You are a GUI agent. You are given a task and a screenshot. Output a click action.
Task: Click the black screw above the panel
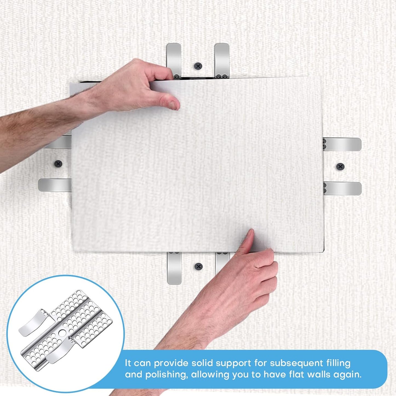[198, 66]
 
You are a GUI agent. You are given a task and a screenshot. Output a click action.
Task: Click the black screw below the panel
[198, 266]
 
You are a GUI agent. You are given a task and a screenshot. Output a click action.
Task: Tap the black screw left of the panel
[58, 164]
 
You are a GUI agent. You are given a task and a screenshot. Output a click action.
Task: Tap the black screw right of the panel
[340, 166]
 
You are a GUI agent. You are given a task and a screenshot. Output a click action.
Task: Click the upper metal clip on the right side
[343, 144]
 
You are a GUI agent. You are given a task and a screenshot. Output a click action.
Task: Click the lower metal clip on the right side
[343, 189]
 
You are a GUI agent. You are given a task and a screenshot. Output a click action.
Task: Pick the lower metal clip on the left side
[55, 185]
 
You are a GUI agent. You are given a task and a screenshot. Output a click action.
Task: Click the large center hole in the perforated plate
[62, 333]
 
